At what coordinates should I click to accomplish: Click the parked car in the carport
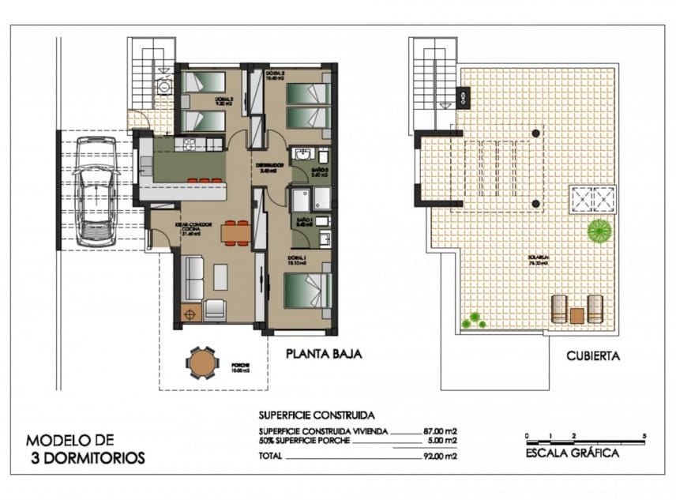[97, 190]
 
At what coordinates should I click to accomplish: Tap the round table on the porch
[202, 363]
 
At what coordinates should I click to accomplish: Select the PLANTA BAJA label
[324, 355]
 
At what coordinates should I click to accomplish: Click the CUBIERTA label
[593, 356]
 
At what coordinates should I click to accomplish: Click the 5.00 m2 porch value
[441, 441]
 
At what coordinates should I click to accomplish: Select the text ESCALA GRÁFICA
[572, 453]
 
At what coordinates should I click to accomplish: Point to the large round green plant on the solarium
[599, 231]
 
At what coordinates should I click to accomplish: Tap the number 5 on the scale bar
[645, 435]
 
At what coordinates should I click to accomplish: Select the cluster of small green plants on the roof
[473, 320]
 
